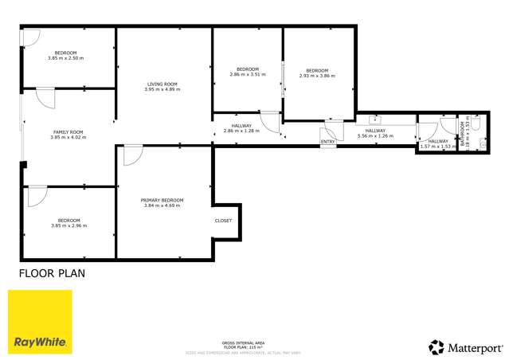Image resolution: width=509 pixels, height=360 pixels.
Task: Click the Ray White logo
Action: click(x=40, y=322)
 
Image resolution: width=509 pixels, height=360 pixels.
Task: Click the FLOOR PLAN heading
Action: click(x=52, y=273)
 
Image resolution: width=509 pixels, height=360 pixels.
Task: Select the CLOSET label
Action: click(x=223, y=221)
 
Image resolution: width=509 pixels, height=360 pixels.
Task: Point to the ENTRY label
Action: click(x=327, y=143)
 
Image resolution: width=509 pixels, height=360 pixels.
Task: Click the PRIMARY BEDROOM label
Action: click(x=162, y=200)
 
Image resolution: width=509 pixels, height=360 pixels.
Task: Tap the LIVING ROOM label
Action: click(x=162, y=84)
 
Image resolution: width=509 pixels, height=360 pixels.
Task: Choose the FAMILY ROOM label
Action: click(x=68, y=131)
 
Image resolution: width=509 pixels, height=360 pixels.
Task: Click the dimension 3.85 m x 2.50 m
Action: click(x=66, y=58)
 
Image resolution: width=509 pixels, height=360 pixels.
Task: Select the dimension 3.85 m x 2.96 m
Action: click(x=67, y=225)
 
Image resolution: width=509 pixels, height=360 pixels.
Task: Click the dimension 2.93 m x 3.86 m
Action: click(x=317, y=76)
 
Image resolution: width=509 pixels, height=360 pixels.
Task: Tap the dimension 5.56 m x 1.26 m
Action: click(x=375, y=136)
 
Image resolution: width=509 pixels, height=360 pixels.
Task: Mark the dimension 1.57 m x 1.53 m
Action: click(x=437, y=147)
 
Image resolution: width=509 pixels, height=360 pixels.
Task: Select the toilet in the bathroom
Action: click(x=477, y=125)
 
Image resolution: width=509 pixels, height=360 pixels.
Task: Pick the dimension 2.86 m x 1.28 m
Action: click(x=241, y=131)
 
